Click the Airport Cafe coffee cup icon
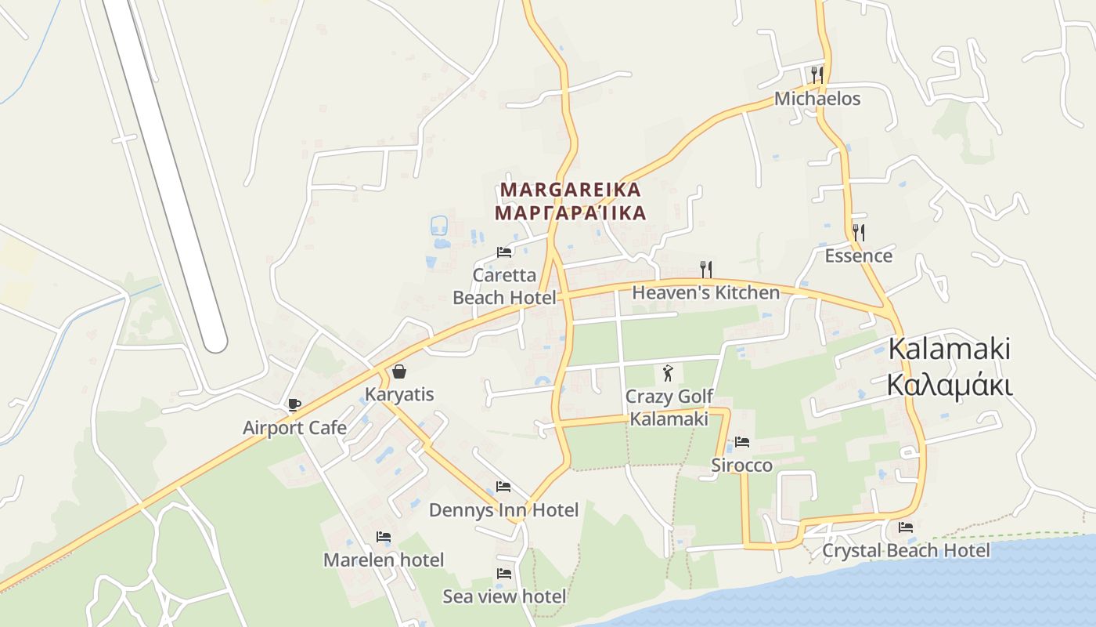294,404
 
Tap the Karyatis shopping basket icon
399,371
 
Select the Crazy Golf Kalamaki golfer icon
667,372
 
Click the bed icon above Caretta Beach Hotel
504,252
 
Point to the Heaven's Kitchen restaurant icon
705,270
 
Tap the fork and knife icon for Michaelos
817,74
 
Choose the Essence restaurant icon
858,232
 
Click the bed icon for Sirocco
741,442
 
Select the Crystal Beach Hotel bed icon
906,527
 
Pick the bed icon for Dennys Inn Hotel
503,487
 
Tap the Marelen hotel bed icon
383,537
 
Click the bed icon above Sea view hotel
503,574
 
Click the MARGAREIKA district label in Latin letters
570,190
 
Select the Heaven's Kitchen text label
705,293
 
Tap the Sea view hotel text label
504,596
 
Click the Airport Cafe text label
294,428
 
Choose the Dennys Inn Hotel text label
503,510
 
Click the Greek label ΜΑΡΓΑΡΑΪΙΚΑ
570,213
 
